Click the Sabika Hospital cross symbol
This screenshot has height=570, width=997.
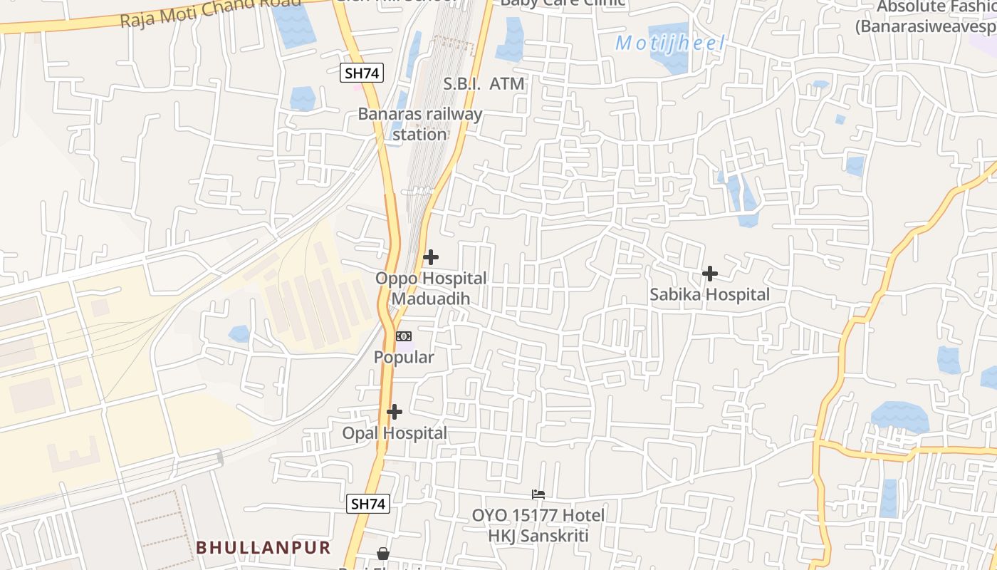pyautogui.click(x=709, y=273)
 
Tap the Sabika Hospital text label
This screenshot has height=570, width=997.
pyautogui.click(x=709, y=294)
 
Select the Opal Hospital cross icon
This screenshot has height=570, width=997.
pyautogui.click(x=394, y=412)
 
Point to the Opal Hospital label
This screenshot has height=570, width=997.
pyautogui.click(x=395, y=433)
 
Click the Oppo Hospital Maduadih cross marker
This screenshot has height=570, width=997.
pyautogui.click(x=430, y=257)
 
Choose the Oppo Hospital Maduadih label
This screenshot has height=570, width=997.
pyautogui.click(x=431, y=289)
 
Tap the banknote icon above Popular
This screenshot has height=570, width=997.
pyautogui.click(x=404, y=336)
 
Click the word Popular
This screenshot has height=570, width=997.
pyautogui.click(x=404, y=358)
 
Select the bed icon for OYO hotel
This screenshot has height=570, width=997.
pyautogui.click(x=538, y=494)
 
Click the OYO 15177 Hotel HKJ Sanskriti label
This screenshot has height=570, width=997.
pyautogui.click(x=538, y=525)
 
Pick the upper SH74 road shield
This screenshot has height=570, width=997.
pyautogui.click(x=362, y=73)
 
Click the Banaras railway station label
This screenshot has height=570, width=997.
pyautogui.click(x=420, y=124)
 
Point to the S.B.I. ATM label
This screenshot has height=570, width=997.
pyautogui.click(x=484, y=84)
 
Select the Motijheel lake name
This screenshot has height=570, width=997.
pyautogui.click(x=669, y=43)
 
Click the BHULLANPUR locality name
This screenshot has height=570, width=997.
pyautogui.click(x=263, y=547)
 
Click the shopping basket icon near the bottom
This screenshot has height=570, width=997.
pyautogui.click(x=383, y=554)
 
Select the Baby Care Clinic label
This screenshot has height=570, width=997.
pyautogui.click(x=563, y=3)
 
